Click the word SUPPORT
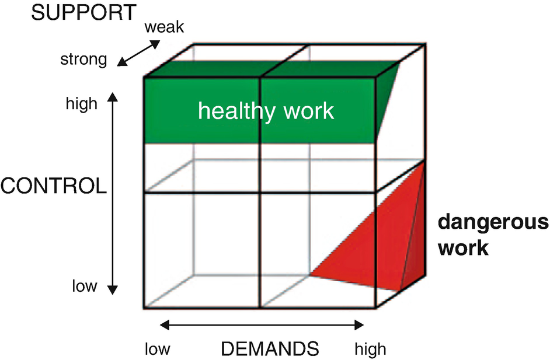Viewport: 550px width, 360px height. coord(83,13)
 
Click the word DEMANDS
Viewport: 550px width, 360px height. coord(270,349)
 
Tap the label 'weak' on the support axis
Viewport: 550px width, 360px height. coord(165,26)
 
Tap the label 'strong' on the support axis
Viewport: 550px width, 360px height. coord(83,60)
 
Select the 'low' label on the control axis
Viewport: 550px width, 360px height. coord(84,286)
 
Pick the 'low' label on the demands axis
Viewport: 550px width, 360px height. coord(158,349)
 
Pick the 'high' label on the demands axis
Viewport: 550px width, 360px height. coord(370,349)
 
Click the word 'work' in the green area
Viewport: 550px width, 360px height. coord(306,111)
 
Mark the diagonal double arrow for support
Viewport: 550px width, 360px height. coord(138,53)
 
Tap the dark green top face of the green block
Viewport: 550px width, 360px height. coord(263,69)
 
